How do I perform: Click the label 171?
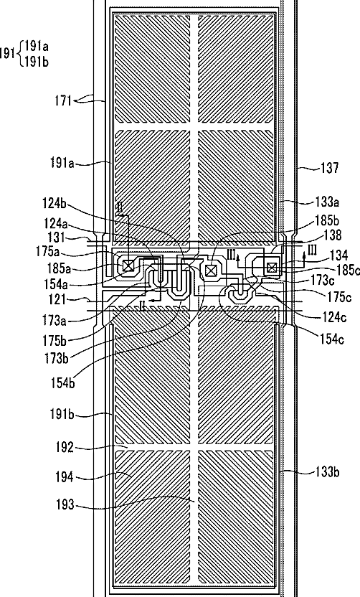click(x=63, y=100)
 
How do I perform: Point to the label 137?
click(x=330, y=167)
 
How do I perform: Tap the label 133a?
click(x=327, y=202)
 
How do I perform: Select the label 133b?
click(x=327, y=472)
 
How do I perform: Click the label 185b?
click(x=327, y=221)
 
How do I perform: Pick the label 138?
click(x=333, y=235)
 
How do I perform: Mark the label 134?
click(x=338, y=255)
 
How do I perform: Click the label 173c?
click(x=322, y=281)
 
